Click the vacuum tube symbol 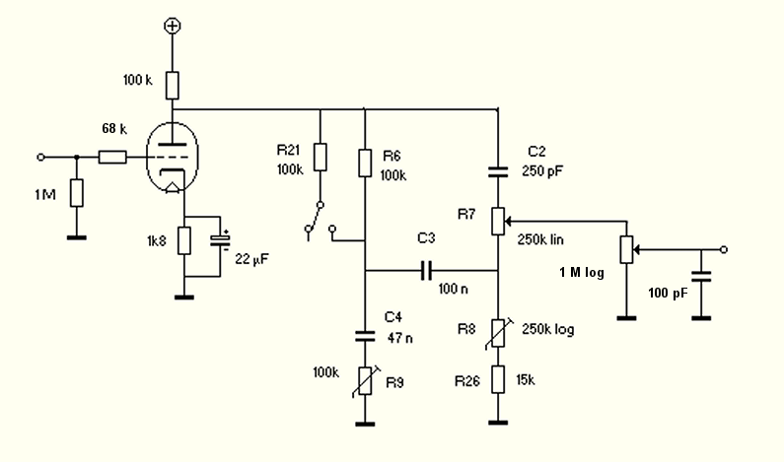170,157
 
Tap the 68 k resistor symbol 113,157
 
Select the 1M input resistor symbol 76,192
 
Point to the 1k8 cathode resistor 183,240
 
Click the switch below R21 314,220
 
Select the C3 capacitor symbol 427,269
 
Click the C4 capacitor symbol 365,335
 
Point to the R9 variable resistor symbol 365,380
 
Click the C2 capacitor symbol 497,171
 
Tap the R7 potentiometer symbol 497,221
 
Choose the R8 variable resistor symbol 497,332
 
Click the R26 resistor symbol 497,379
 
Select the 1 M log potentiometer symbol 624,249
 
